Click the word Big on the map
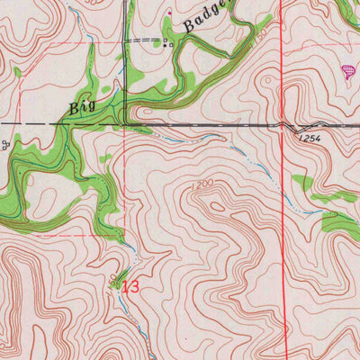point(82,109)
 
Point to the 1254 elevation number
point(307,139)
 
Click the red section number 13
point(131,287)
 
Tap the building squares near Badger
point(166,41)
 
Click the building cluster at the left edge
point(5,144)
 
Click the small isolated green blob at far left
point(16,71)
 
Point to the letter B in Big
point(74,109)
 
